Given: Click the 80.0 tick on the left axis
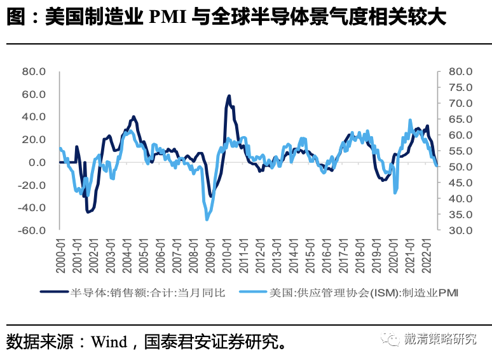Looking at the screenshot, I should pyautogui.click(x=34, y=72).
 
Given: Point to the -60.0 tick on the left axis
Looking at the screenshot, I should pyautogui.click(x=32, y=230).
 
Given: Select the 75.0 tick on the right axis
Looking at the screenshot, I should pyautogui.click(x=460, y=87).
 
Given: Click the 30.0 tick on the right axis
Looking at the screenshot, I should pyautogui.click(x=460, y=230).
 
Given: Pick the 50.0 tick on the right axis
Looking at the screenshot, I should pyautogui.click(x=460, y=167).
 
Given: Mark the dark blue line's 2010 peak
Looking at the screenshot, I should pyautogui.click(x=229, y=96).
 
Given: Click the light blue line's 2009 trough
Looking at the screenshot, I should pyautogui.click(x=207, y=219).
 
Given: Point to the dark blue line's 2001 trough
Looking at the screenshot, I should pyautogui.click(x=88, y=212).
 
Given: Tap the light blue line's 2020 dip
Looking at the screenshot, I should pyautogui.click(x=395, y=192).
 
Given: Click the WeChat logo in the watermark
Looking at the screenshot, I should pyautogui.click(x=390, y=339).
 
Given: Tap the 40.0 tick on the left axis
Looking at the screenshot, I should pyautogui.click(x=34, y=117).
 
